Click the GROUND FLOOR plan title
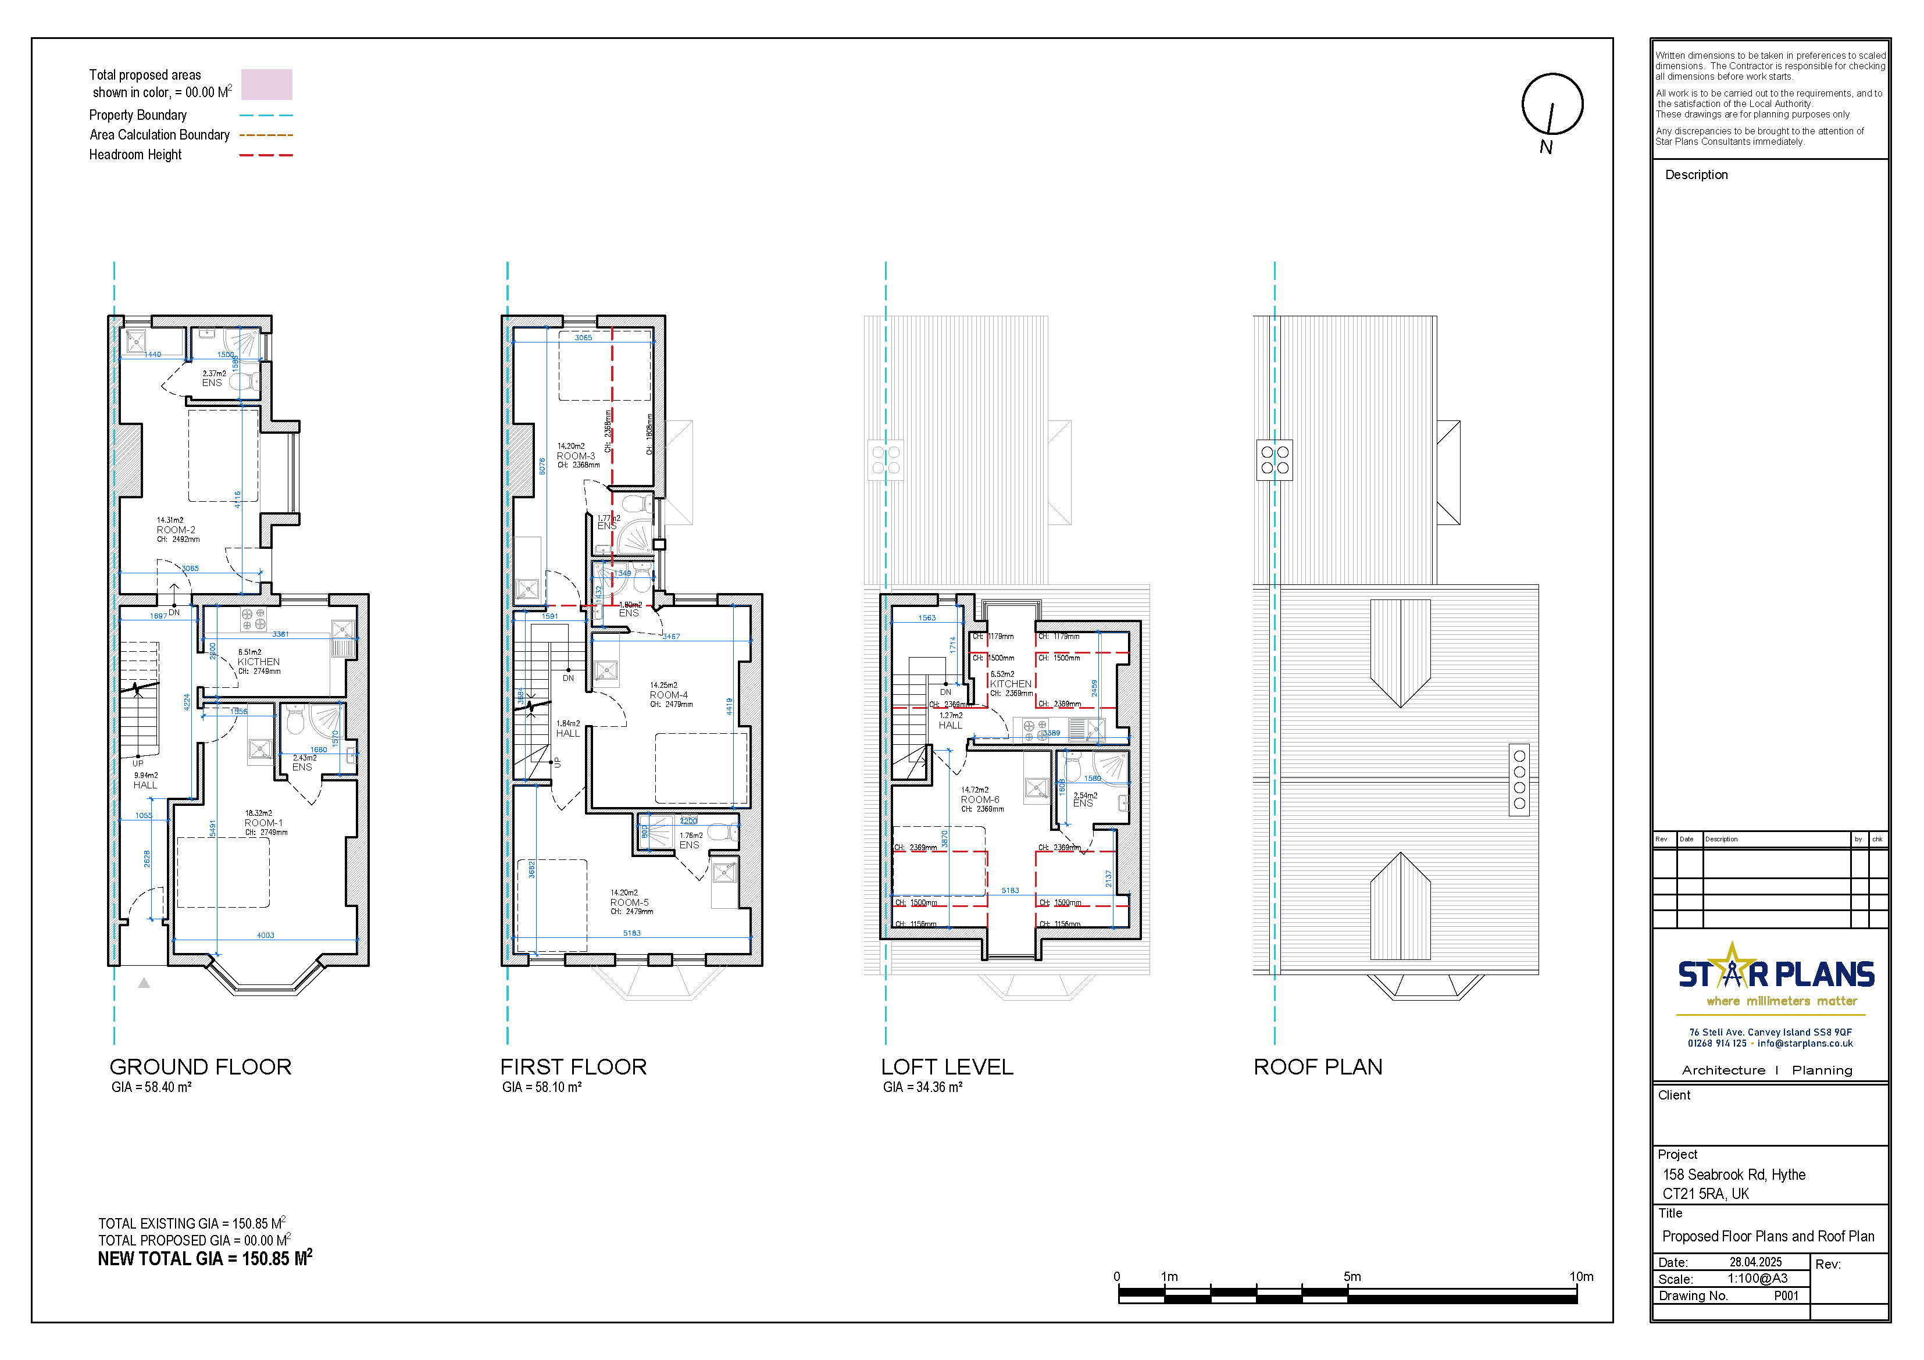coord(200,1067)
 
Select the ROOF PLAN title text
coord(1318,1067)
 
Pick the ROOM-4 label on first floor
coord(669,695)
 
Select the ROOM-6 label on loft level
coord(980,799)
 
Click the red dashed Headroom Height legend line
coord(266,155)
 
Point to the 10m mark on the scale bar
coord(1580,1277)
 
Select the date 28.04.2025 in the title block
coord(1755,1262)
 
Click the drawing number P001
coord(1786,1295)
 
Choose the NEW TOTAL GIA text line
coord(205,1259)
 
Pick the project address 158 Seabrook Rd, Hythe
coord(1734,1175)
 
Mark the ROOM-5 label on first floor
coord(629,902)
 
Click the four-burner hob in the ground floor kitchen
coord(253,619)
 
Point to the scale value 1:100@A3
coord(1757,1279)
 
